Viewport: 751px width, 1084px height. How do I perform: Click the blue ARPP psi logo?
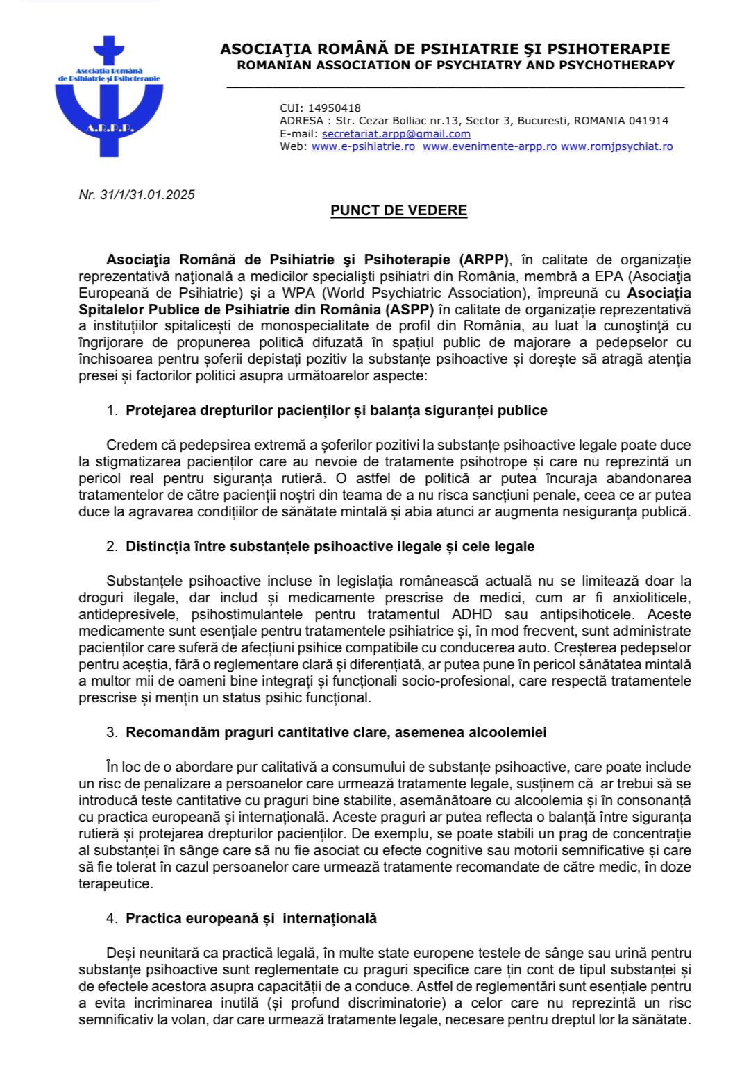click(x=109, y=97)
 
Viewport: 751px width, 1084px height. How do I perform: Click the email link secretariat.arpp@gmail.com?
click(x=396, y=134)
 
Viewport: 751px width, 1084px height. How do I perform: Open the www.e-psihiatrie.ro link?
click(x=363, y=146)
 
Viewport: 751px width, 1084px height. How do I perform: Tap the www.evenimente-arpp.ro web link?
click(x=489, y=146)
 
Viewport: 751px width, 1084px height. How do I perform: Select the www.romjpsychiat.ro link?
click(x=616, y=146)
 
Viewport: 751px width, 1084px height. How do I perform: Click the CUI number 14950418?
click(x=335, y=108)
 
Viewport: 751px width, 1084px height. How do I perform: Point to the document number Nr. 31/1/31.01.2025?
click(x=137, y=195)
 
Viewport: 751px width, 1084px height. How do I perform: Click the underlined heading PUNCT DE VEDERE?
click(x=398, y=210)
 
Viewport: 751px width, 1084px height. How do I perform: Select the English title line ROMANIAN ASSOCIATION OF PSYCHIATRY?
click(x=455, y=65)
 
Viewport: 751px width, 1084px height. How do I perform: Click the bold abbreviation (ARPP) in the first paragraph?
click(x=484, y=260)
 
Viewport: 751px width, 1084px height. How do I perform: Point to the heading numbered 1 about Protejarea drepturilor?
click(x=336, y=410)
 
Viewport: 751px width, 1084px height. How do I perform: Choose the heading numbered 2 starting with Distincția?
click(x=330, y=546)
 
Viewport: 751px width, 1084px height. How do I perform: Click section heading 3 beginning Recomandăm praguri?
click(x=336, y=732)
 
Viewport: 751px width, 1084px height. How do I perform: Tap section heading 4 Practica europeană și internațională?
click(x=251, y=918)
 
